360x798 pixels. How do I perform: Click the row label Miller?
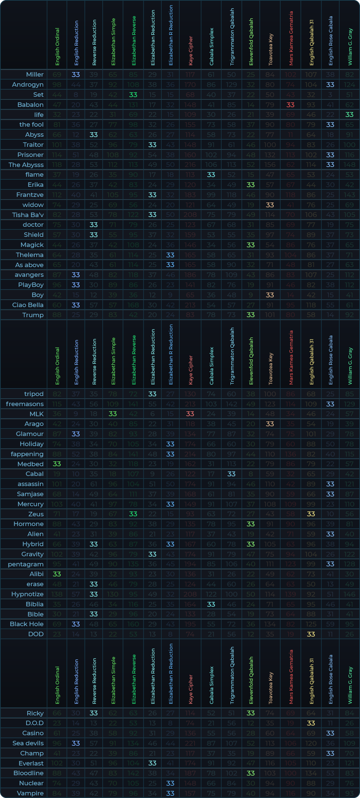pyautogui.click(x=35, y=75)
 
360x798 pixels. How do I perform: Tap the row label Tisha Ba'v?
pyautogui.click(x=28, y=215)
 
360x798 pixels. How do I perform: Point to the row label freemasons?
pyautogui.click(x=25, y=404)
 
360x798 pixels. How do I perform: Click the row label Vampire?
pyautogui.click(x=30, y=793)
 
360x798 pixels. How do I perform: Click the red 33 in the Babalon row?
pyautogui.click(x=291, y=105)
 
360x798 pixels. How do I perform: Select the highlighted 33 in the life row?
pyautogui.click(x=349, y=115)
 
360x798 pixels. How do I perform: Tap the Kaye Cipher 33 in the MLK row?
pyautogui.click(x=190, y=414)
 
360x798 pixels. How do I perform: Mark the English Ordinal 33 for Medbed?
pyautogui.click(x=57, y=464)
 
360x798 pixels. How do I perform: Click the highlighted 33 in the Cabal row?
pyautogui.click(x=232, y=474)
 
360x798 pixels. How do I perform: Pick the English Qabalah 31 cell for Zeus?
pyautogui.click(x=311, y=514)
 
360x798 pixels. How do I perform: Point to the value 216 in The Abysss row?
pyautogui.click(x=190, y=165)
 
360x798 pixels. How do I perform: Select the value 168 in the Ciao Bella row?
pyautogui.click(x=133, y=305)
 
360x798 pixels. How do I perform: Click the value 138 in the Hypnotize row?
pyautogui.click(x=57, y=594)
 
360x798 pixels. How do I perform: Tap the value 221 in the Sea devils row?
pyautogui.click(x=190, y=743)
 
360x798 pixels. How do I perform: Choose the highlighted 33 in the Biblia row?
pyautogui.click(x=211, y=604)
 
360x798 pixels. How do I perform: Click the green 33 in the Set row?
pyautogui.click(x=133, y=95)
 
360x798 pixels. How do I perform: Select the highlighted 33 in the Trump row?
pyautogui.click(x=251, y=315)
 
